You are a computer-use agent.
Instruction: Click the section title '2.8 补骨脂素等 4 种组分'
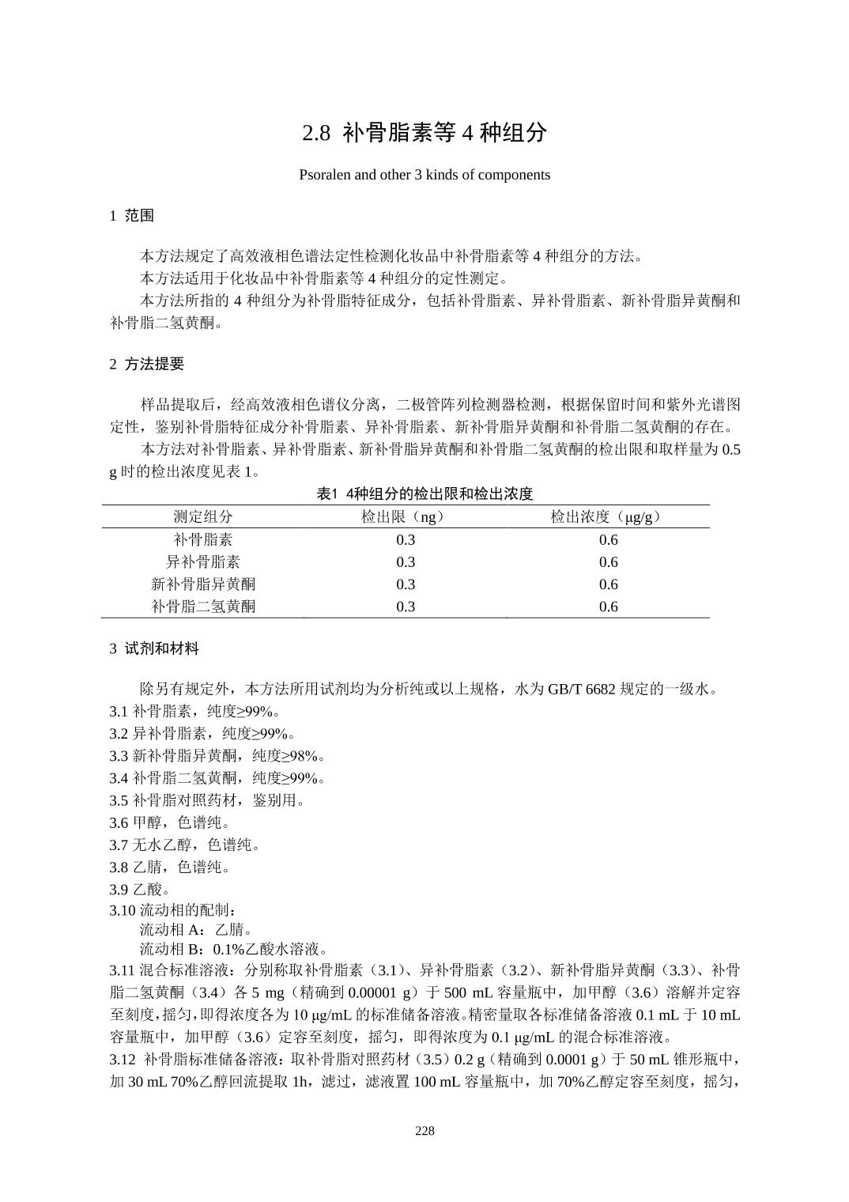tap(424, 133)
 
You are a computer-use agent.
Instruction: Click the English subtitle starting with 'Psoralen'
tap(424, 175)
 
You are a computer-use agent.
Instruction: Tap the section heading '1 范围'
tap(131, 215)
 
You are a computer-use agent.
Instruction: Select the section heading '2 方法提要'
tap(146, 364)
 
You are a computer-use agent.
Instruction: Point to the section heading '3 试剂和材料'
tap(154, 648)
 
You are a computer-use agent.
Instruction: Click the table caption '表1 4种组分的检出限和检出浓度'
tap(424, 494)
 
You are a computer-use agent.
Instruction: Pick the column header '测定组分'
tap(203, 517)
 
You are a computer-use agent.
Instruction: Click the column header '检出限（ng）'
tap(406, 517)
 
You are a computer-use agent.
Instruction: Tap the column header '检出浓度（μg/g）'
tap(608, 517)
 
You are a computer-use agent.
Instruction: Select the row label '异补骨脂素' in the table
tap(203, 562)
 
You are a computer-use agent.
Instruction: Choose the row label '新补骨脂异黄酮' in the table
tap(203, 584)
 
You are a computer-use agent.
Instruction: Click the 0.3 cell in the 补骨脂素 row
tap(406, 540)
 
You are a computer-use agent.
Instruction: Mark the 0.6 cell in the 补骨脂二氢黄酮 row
tap(608, 607)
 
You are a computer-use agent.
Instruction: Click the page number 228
tap(424, 1131)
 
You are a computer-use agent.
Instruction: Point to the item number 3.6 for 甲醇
tap(119, 822)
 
